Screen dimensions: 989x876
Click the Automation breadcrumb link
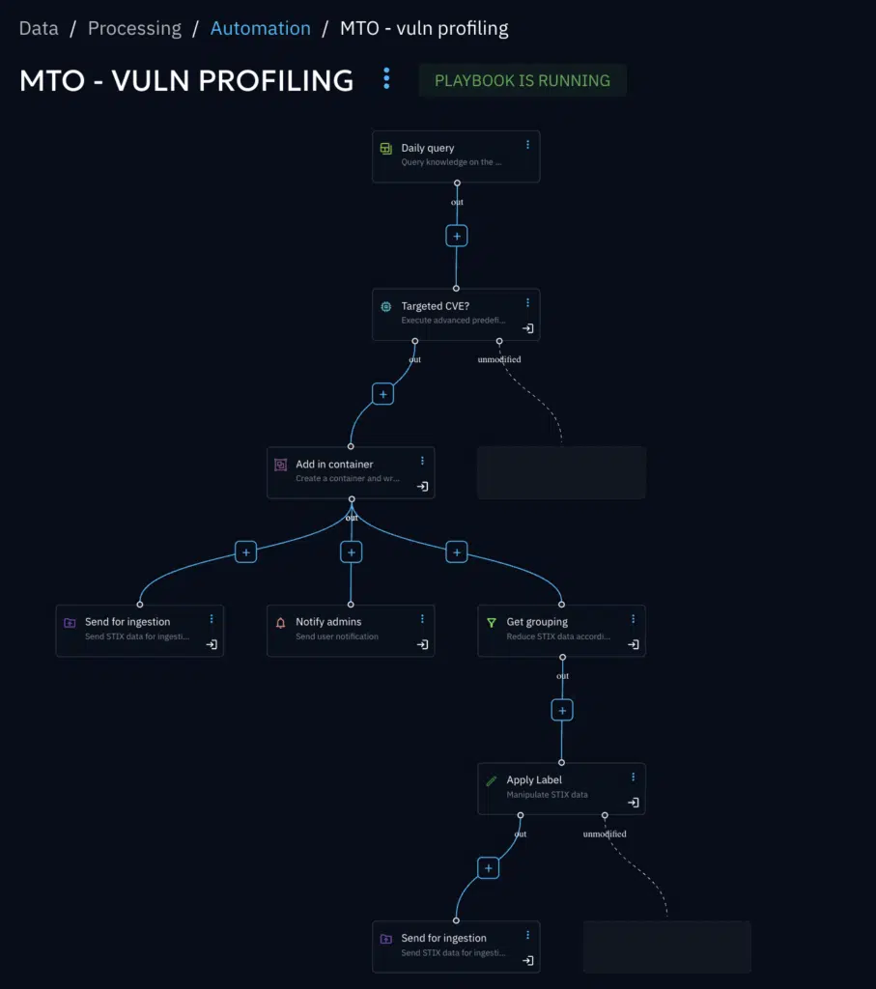pos(260,28)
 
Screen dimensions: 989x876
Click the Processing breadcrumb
pos(134,28)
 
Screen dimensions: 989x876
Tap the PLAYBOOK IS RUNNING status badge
pos(523,80)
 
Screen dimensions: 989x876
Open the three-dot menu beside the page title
pos(386,78)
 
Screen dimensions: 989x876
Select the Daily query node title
pos(428,148)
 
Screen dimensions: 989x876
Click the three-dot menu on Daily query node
pos(527,145)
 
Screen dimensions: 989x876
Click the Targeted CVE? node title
pos(435,306)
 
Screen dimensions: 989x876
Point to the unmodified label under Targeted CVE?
pos(499,359)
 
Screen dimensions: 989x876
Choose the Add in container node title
pos(334,464)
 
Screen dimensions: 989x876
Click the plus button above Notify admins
pos(352,552)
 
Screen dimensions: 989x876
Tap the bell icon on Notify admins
pos(281,623)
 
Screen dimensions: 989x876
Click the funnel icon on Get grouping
pos(492,623)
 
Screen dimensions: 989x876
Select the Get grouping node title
pos(537,622)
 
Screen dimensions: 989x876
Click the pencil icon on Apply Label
pos(492,780)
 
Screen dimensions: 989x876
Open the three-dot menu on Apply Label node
pos(634,777)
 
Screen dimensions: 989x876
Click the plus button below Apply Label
pos(489,868)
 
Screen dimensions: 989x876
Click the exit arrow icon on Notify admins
pos(422,644)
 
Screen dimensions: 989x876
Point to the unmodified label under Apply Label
pos(606,834)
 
